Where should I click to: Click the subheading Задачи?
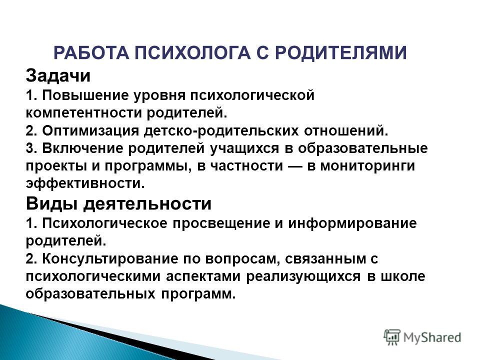pos(58,75)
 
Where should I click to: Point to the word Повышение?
pos(85,95)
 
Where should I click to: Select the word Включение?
pos(82,148)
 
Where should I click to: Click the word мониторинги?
pos(367,166)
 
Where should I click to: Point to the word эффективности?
pos(85,183)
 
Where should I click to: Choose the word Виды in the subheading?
pos(51,204)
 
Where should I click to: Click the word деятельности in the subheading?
pos(147,204)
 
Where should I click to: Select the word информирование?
pos(352,223)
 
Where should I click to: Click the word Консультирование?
pos(110,258)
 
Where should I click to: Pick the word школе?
pos(403,276)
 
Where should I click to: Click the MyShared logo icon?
pos(392,337)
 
